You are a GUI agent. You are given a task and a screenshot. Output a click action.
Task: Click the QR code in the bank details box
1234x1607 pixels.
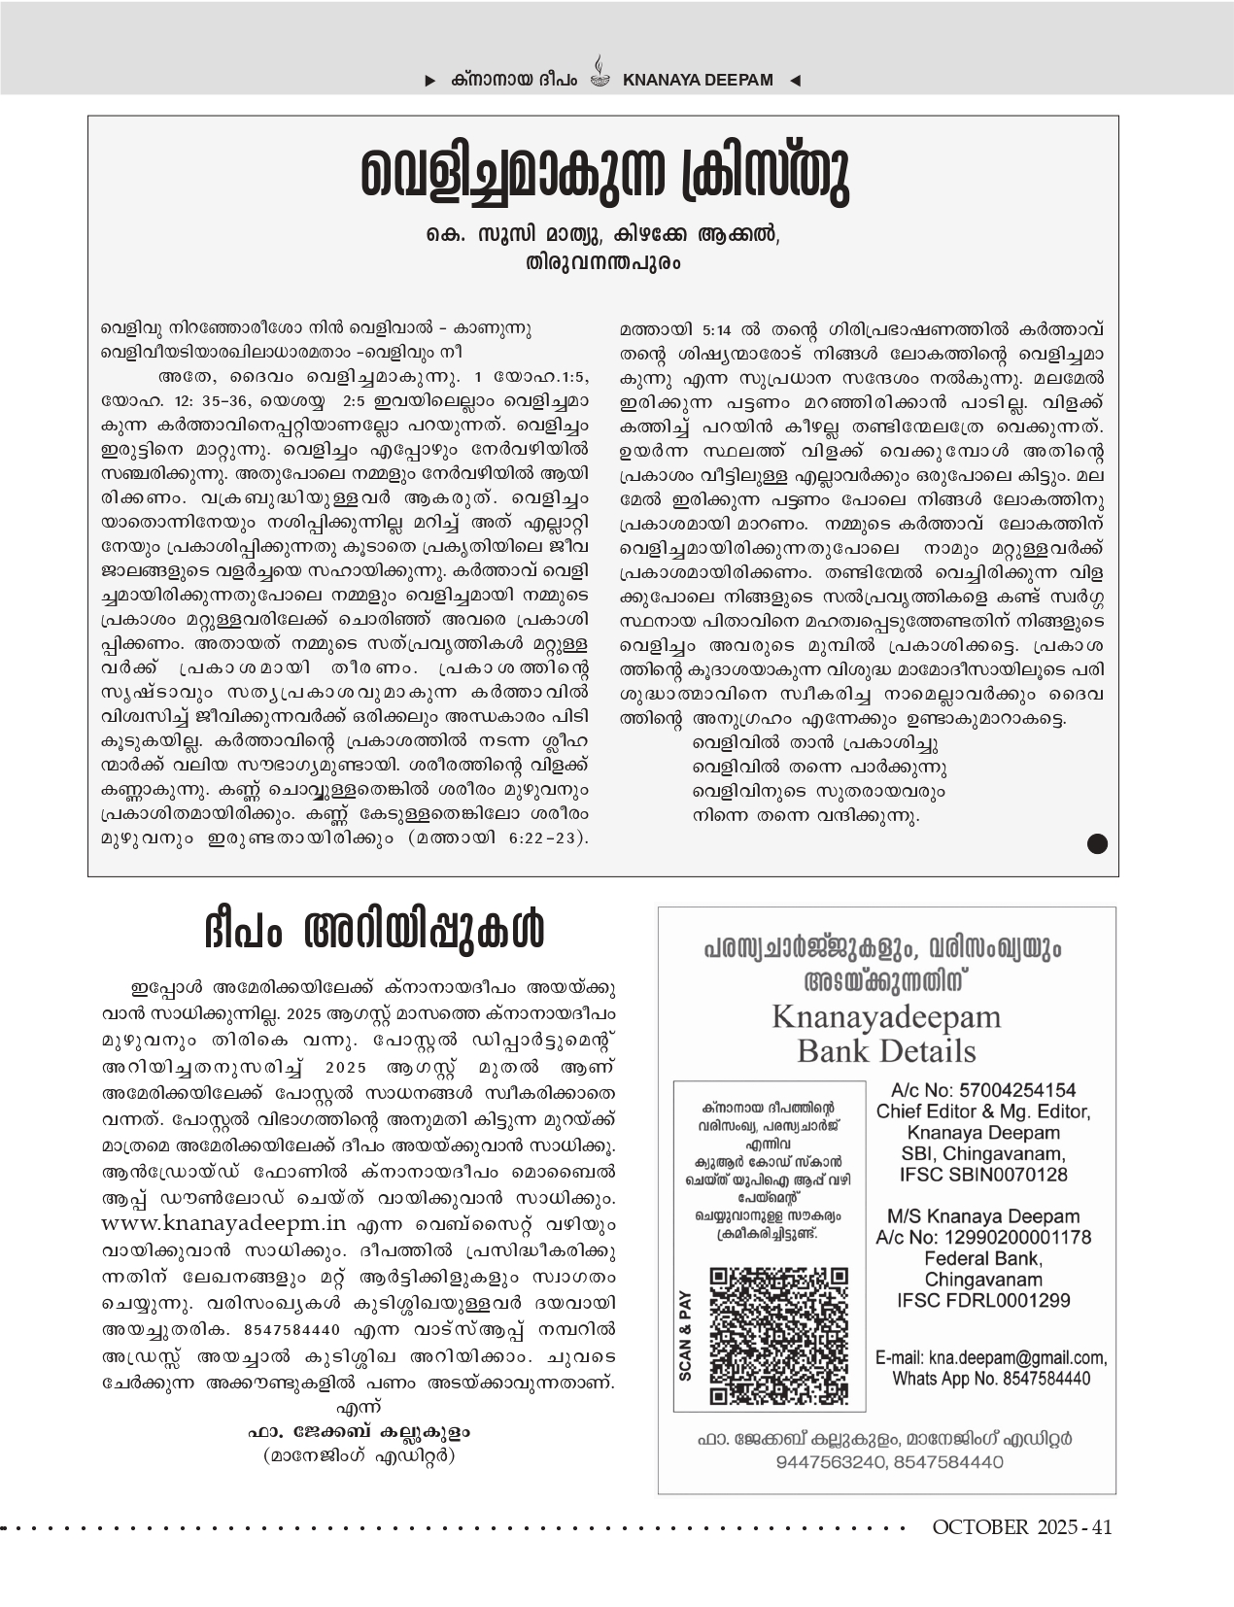coord(778,1335)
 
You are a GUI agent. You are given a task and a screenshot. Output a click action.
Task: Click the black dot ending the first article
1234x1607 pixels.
coord(1096,843)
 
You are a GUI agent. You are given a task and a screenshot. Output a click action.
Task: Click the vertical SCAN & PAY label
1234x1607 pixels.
coord(686,1335)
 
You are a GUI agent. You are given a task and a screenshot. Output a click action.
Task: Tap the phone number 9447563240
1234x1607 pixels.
coord(829,1461)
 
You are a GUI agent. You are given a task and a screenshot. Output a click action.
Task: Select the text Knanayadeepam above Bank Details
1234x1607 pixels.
coord(886,1017)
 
